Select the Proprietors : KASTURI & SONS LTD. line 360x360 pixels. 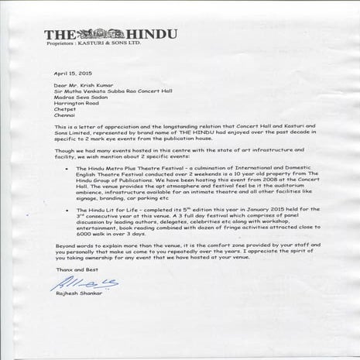[95, 45]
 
